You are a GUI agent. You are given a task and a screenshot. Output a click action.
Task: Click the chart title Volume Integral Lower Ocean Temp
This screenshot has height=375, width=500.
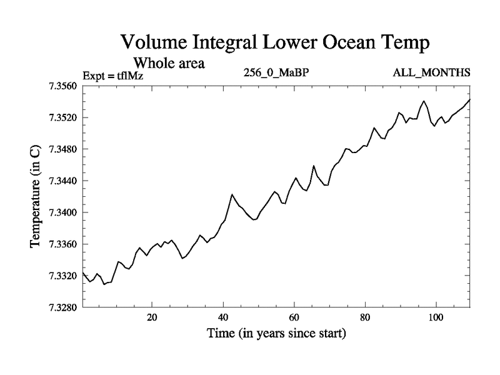tap(276, 42)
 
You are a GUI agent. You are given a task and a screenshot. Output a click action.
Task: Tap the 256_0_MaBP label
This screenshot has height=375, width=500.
tap(276, 72)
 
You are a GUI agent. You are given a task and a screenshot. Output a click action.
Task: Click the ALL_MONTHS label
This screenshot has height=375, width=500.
tap(431, 72)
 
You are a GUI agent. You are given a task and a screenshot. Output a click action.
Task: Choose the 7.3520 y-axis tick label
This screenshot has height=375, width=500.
tap(62, 117)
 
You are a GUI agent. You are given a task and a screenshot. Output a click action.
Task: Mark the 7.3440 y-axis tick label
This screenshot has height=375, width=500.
tap(62, 181)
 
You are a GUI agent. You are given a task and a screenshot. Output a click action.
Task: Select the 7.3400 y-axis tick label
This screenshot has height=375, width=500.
tap(62, 212)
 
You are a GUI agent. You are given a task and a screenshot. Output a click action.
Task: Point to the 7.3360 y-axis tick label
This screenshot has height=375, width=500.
tap(62, 244)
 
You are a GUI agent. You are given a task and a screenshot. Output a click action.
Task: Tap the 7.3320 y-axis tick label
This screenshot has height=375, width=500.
tap(62, 276)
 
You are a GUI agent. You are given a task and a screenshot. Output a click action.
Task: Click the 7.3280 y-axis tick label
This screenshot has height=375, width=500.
tap(62, 307)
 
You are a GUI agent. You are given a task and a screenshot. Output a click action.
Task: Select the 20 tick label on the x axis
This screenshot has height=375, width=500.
tap(152, 317)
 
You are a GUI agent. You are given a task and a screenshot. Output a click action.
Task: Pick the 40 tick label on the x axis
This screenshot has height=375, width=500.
tap(222, 317)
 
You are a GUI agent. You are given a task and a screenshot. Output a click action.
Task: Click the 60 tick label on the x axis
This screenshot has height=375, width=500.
tap(294, 317)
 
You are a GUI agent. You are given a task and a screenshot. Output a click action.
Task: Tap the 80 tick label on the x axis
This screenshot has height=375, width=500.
tap(364, 317)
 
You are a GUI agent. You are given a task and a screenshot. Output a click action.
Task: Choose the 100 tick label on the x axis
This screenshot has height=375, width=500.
tap(435, 317)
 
